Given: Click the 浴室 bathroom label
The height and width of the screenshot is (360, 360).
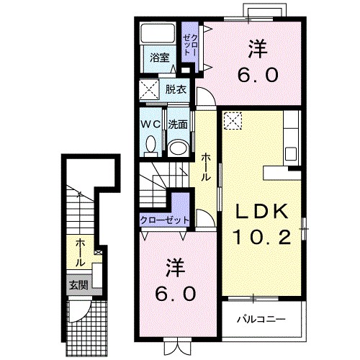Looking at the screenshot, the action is click(x=160, y=58).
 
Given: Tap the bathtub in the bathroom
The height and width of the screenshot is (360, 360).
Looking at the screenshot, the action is click(x=158, y=33).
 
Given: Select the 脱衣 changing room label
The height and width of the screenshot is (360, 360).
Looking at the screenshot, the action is click(x=176, y=89).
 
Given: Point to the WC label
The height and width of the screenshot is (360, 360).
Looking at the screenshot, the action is click(x=150, y=125).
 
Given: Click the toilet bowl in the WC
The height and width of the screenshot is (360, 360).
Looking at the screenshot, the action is click(x=150, y=145).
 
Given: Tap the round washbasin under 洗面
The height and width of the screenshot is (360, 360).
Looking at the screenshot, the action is click(x=178, y=148).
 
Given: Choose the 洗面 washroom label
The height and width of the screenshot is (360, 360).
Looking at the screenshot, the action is click(x=178, y=125).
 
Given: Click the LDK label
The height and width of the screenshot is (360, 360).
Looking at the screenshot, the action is click(x=262, y=211).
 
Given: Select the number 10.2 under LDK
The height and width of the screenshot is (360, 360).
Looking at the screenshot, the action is click(x=262, y=237).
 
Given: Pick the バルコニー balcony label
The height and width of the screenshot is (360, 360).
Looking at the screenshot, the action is click(x=261, y=319).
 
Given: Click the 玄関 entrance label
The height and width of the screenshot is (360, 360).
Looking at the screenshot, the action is click(x=78, y=285).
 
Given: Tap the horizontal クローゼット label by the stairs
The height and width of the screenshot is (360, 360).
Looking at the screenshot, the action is click(x=165, y=220).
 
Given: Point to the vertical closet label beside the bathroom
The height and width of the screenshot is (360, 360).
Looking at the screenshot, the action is click(x=190, y=45).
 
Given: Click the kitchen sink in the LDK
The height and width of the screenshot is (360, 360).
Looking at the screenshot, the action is click(x=291, y=154).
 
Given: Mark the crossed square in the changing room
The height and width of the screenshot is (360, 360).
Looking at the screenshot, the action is click(x=150, y=89).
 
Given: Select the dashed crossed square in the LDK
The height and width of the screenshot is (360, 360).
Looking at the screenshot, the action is click(x=233, y=121).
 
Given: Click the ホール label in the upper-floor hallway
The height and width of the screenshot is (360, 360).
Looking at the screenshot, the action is click(x=206, y=168).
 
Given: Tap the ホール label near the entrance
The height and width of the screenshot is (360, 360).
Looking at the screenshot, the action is click(x=81, y=253).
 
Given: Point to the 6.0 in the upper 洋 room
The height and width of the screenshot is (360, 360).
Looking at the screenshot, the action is click(x=258, y=75).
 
